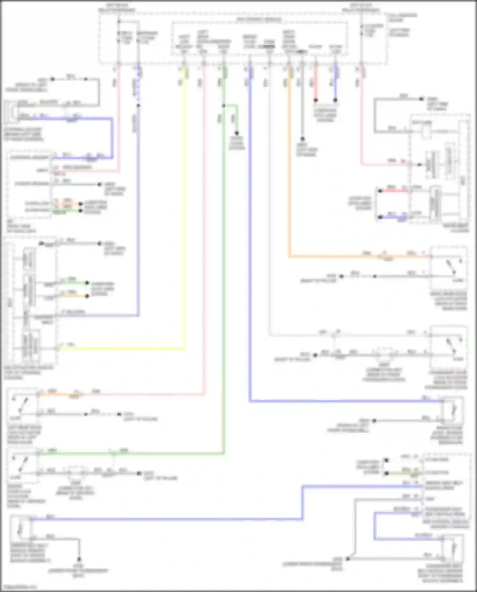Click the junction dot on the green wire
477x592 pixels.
pyautogui.click(x=224, y=106)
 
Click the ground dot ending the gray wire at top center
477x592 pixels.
pyautogui.click(x=302, y=139)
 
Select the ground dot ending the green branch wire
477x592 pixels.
pyautogui.click(x=237, y=133)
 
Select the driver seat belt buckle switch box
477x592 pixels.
pyautogui.click(x=20, y=528)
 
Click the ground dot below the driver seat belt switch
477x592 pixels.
pyautogui.click(x=79, y=559)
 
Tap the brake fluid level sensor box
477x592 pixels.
pyautogui.click(x=453, y=410)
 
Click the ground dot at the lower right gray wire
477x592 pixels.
pyautogui.click(x=348, y=559)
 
